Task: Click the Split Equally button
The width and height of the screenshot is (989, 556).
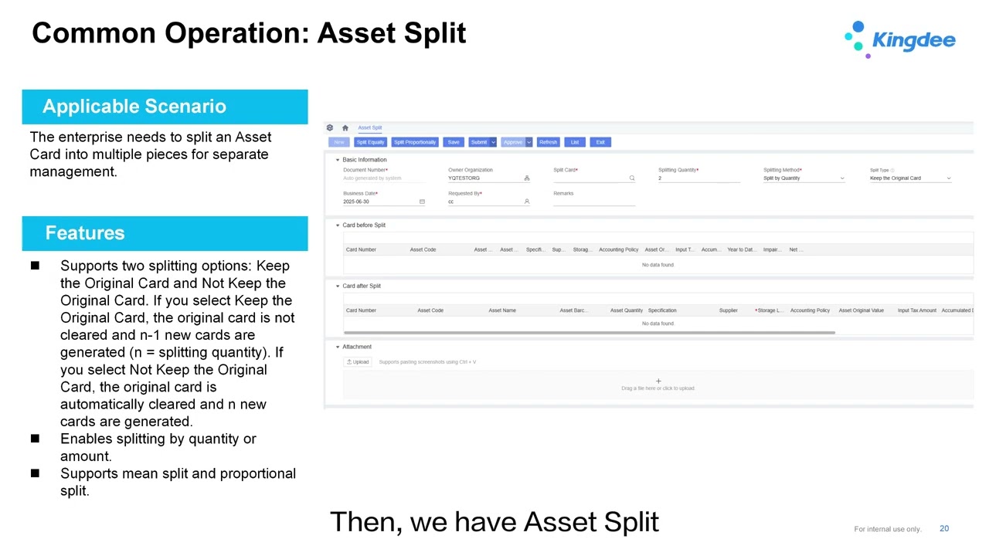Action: (x=370, y=142)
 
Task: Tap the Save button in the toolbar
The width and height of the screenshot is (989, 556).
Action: (x=454, y=142)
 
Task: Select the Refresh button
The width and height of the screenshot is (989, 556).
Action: (x=548, y=142)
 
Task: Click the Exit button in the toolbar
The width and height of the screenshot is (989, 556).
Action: (x=600, y=142)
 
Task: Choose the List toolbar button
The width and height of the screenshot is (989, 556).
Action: (x=575, y=142)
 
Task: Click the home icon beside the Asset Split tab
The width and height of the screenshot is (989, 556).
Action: (x=345, y=128)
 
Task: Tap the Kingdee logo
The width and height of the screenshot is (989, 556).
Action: (x=900, y=39)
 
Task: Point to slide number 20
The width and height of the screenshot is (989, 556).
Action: (x=944, y=529)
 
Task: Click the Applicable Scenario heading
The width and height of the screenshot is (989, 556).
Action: (x=134, y=107)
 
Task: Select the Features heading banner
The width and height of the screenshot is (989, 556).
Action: (x=85, y=233)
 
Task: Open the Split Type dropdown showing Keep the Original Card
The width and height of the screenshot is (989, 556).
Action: (x=910, y=178)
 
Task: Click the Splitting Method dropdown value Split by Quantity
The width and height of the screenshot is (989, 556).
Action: (x=804, y=178)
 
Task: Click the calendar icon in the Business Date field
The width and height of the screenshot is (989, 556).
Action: (x=422, y=202)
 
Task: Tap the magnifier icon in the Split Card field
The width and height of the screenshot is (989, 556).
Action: (x=632, y=178)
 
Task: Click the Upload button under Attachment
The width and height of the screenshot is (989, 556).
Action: (x=358, y=362)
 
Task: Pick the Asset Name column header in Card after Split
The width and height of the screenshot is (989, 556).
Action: (x=502, y=310)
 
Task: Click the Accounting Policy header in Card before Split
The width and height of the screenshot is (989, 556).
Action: (x=618, y=249)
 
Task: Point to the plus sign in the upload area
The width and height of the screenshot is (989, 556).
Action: (x=658, y=381)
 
